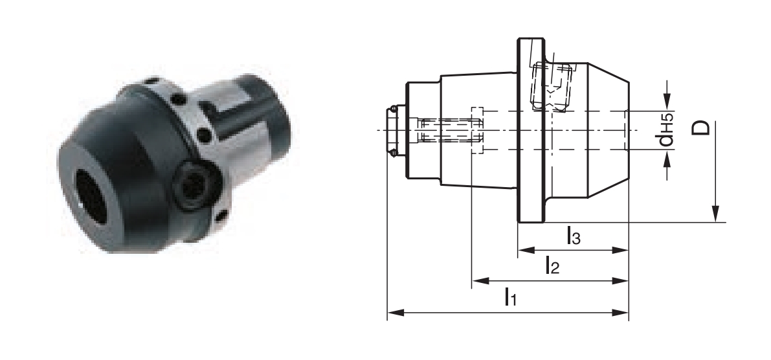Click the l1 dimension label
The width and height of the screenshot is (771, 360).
click(x=510, y=297)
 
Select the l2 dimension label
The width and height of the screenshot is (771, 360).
click(x=552, y=265)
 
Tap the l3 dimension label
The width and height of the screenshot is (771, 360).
click(x=574, y=236)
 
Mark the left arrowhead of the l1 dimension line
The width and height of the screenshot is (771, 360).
click(x=396, y=312)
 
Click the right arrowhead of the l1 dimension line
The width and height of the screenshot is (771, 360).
click(x=620, y=312)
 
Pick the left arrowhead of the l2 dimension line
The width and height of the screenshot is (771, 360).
click(x=480, y=281)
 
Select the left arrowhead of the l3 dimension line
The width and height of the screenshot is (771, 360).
click(x=526, y=251)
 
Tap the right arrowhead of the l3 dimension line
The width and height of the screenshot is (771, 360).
click(x=620, y=251)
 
